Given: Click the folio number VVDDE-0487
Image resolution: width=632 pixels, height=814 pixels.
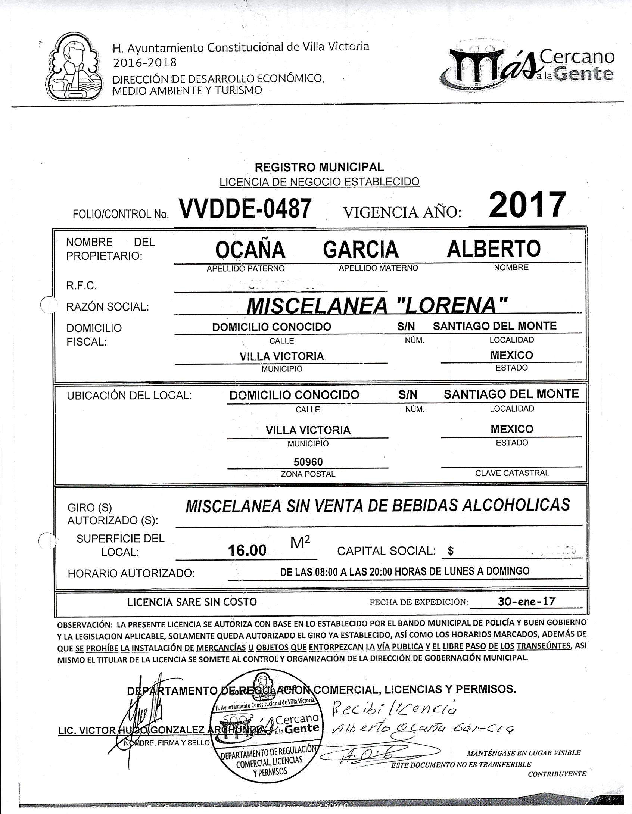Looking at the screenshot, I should pos(245,209).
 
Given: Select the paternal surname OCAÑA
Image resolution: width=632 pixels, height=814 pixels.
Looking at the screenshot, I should pos(250,249).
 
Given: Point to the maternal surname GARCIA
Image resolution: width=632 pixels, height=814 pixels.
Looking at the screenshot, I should pos(361,249).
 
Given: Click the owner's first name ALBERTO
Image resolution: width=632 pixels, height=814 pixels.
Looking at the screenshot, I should pos(494,248).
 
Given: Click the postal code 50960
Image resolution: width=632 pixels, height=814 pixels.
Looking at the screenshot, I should pos(308,462).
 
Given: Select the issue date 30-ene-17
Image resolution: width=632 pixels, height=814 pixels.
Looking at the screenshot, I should pos(526,601).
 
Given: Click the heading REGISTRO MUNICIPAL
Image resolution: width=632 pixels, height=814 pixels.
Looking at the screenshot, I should pos(319,167).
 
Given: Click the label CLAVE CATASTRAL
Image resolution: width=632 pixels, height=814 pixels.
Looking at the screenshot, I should pos(512,473).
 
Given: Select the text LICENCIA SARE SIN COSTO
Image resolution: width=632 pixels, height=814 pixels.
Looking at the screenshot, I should pos(192,602).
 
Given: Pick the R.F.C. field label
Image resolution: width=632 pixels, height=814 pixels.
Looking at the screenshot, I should pos(81,286).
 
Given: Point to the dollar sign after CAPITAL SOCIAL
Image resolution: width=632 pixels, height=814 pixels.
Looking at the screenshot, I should pos(451,551).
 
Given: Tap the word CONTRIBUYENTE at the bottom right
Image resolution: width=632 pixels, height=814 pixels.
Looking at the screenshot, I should pos(557,774).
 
